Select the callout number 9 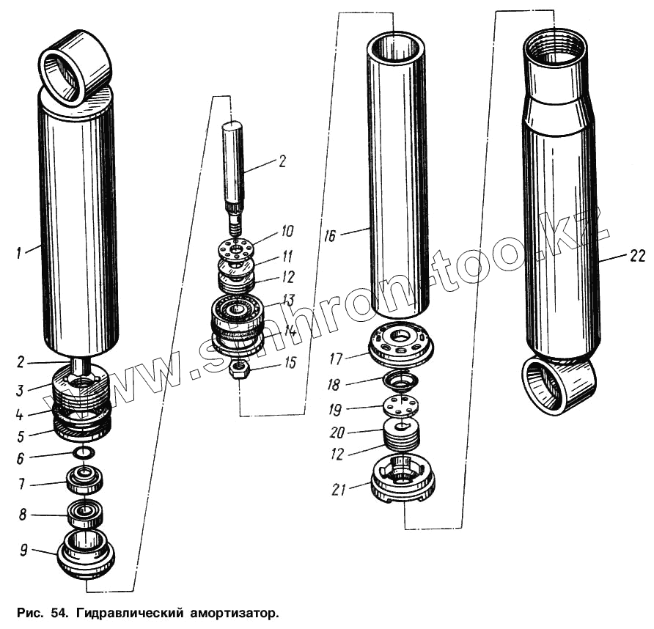(23, 550)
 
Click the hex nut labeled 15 (238, 370)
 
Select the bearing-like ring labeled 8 (85, 512)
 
